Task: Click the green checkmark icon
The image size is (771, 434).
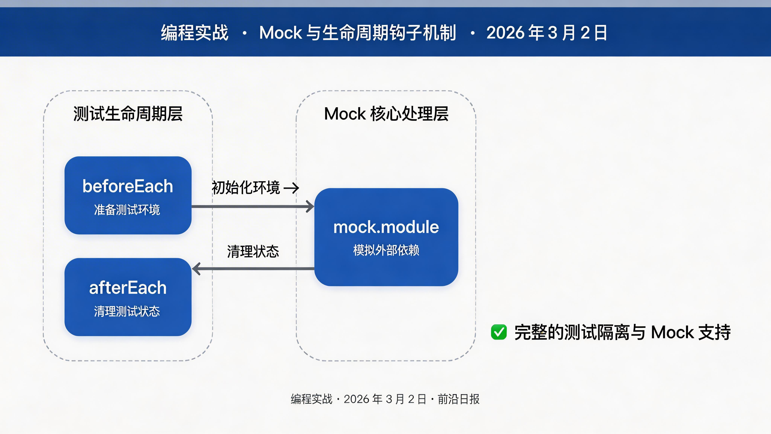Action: pos(499,332)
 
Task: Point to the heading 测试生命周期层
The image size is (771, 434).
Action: pos(128,114)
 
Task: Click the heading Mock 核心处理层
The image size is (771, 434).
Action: pos(386,114)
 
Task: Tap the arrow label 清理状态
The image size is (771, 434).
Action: pos(253,251)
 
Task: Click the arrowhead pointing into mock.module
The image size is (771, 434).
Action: pos(310,206)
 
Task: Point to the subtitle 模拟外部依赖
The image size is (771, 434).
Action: pos(386,250)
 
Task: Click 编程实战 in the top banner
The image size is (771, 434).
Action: pos(195,32)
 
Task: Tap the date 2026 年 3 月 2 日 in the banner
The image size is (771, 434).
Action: pos(546,32)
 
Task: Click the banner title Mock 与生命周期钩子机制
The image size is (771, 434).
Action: pos(358,32)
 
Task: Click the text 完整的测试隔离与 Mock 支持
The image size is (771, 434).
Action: pos(622,332)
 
